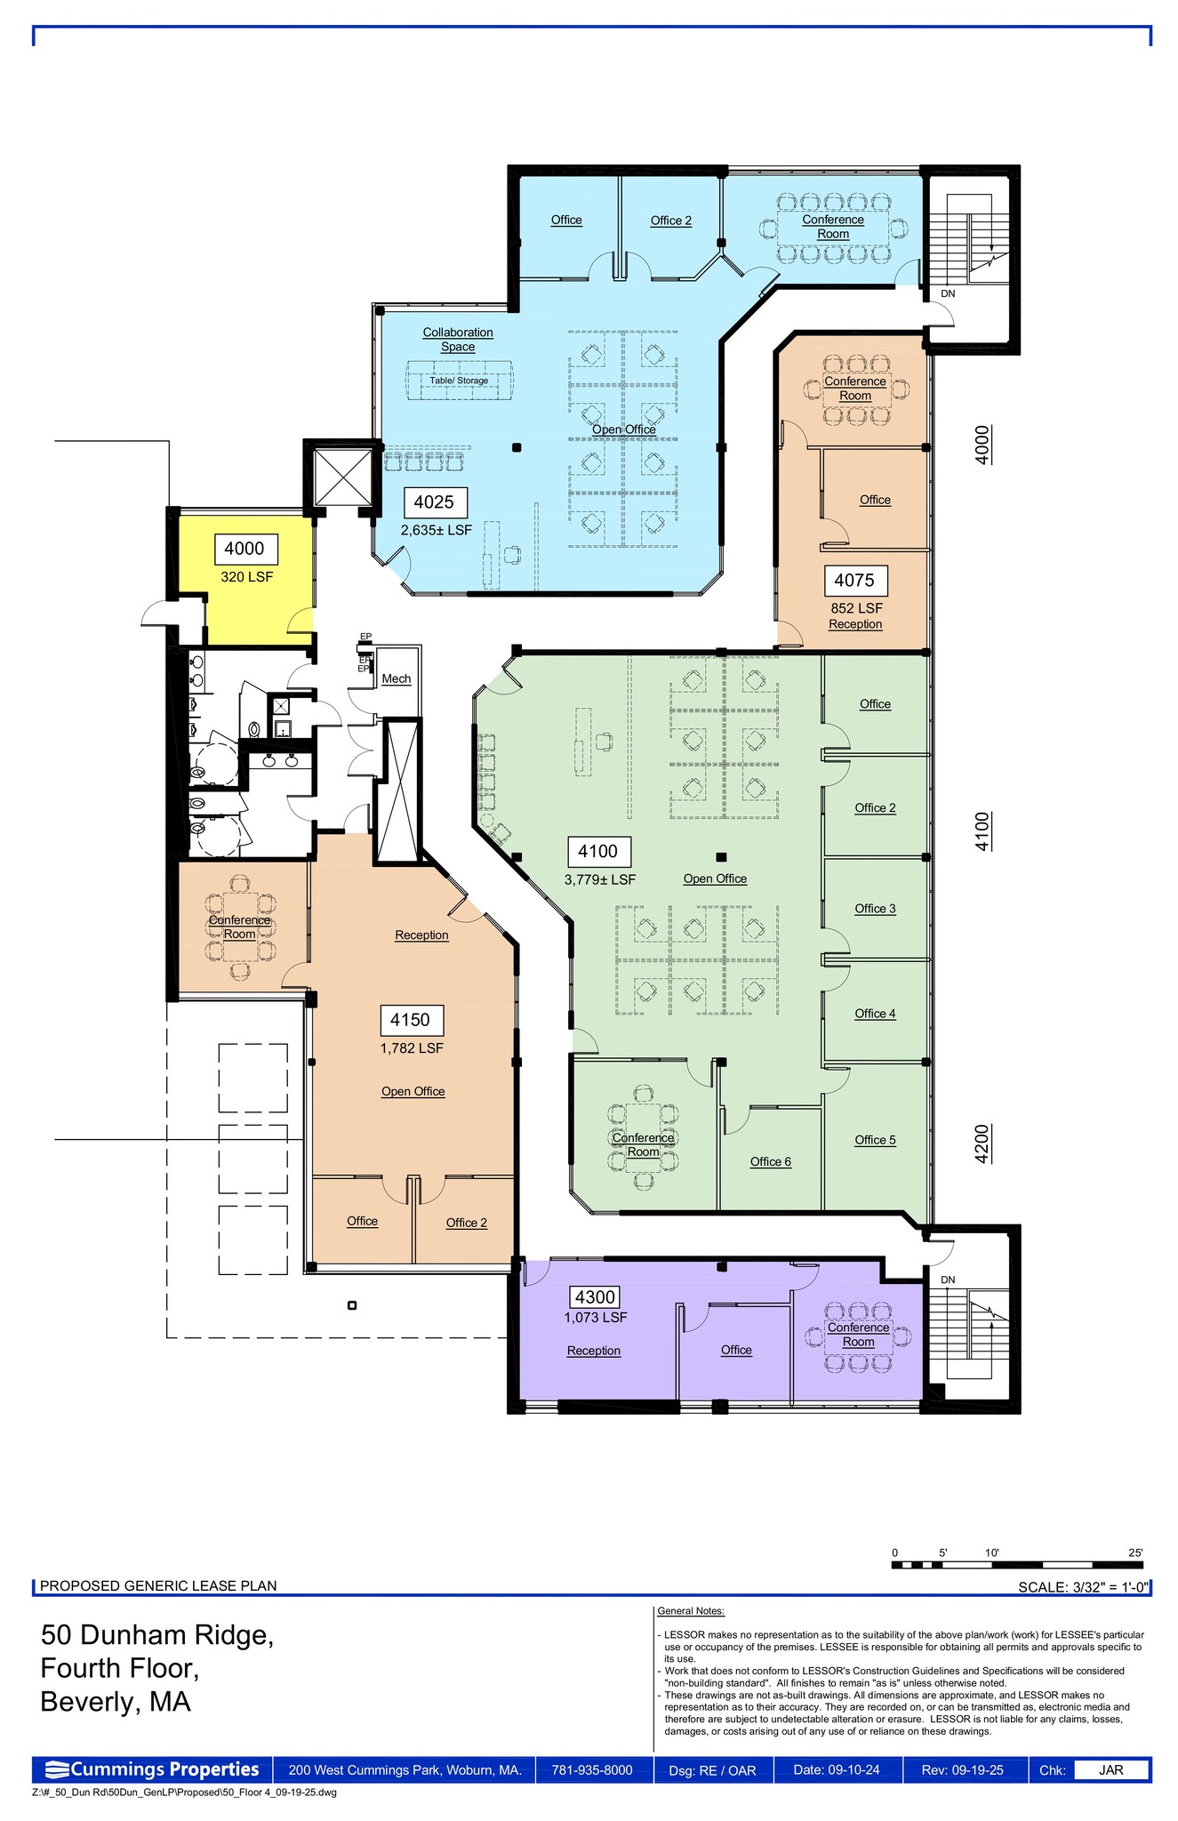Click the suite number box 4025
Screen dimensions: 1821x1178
[x=434, y=502]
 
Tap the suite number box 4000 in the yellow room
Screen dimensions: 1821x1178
[x=245, y=550]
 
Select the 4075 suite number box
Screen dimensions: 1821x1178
[x=854, y=581]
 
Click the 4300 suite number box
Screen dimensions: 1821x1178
[x=595, y=1297]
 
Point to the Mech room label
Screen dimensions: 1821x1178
[x=396, y=678]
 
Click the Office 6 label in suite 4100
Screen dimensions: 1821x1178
[x=770, y=1161]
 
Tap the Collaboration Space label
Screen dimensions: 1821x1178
[x=457, y=339]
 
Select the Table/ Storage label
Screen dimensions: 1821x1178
[x=459, y=381]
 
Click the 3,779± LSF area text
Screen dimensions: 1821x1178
[x=599, y=879]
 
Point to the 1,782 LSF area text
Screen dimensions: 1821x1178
[x=411, y=1047]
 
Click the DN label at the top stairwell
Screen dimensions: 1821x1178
[x=948, y=293]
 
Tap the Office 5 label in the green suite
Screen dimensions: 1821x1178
[x=875, y=1139]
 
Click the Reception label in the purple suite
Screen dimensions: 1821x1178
[x=593, y=1350]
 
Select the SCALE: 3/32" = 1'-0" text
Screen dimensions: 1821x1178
[x=1083, y=1586]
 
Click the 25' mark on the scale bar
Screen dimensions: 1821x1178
[x=1135, y=1552]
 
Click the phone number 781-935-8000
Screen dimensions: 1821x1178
[x=592, y=1769]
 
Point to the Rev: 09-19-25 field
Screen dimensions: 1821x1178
[x=962, y=1769]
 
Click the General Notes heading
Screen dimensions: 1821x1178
[x=690, y=1610]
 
